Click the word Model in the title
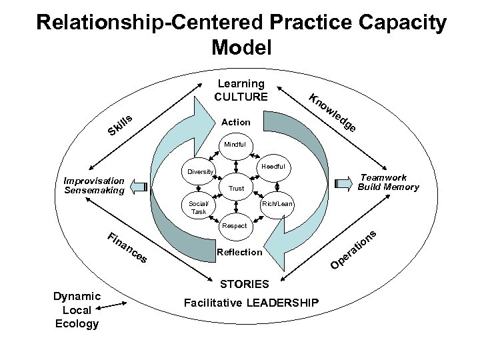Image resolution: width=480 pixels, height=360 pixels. click(241, 47)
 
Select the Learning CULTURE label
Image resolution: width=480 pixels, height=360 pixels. click(241, 90)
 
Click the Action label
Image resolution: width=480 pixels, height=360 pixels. click(236, 122)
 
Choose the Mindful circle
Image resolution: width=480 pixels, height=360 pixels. click(234, 144)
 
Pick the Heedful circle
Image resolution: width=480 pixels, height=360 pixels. click(273, 166)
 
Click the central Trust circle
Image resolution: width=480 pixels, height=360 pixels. click(236, 189)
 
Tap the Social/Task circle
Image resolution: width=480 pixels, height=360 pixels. click(199, 207)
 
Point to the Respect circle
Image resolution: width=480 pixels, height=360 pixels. click(235, 226)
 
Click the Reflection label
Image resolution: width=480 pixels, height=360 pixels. click(240, 253)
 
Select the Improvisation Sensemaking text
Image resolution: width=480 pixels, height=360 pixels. click(93, 185)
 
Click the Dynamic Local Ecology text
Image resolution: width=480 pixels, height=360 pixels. click(77, 310)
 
